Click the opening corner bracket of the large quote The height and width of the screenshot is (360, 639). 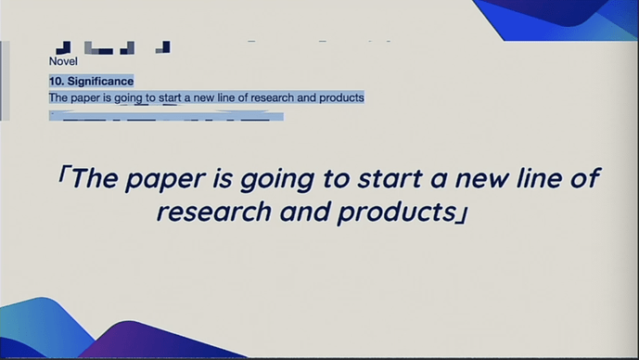click(x=61, y=176)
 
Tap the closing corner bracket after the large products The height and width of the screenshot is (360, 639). click(x=460, y=214)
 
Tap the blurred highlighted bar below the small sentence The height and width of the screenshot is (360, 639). click(x=167, y=117)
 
